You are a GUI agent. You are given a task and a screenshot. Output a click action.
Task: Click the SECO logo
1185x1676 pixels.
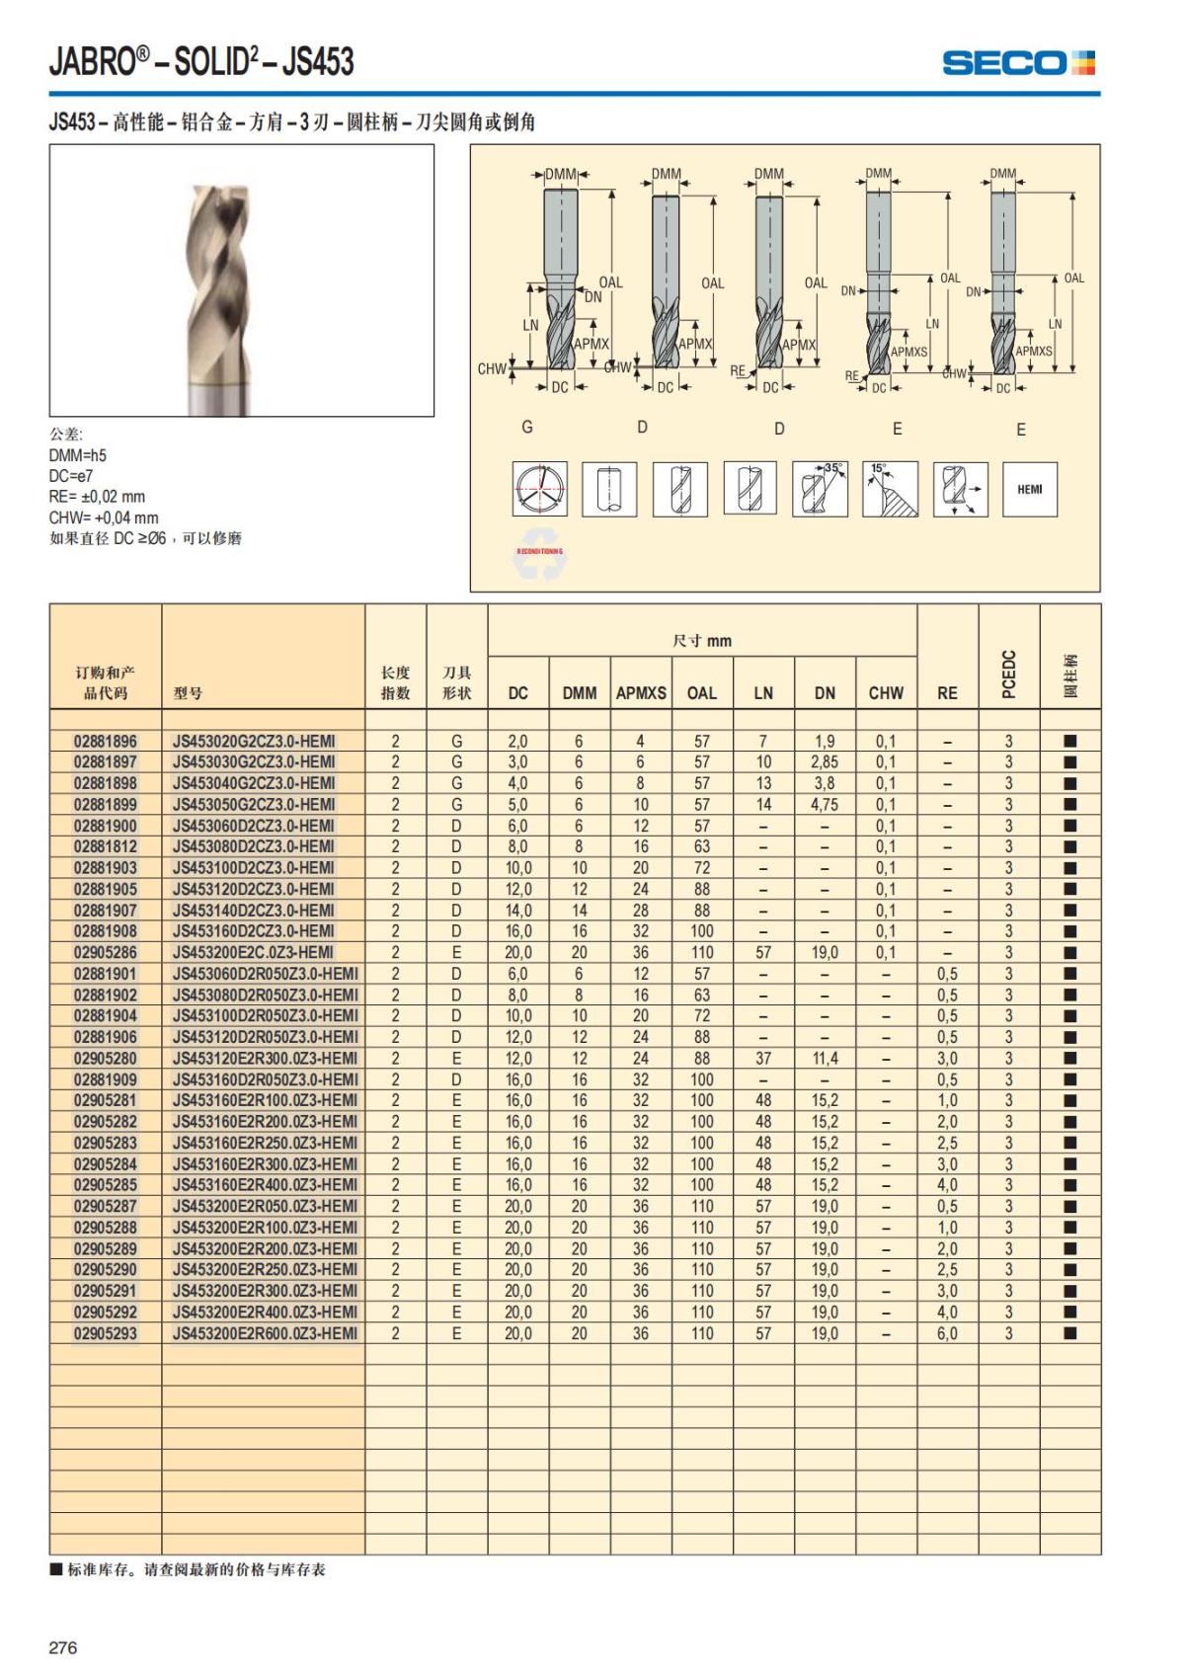tap(1018, 63)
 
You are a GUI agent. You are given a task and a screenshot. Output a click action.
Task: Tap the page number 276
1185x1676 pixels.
tap(63, 1647)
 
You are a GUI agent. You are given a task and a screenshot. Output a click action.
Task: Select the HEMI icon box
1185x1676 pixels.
tap(1029, 489)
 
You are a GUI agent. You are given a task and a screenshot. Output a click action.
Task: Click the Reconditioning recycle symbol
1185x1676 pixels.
tap(539, 556)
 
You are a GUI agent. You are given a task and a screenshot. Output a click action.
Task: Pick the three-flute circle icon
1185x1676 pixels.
tap(539, 489)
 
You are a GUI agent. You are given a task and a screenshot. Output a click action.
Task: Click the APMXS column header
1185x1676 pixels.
tap(641, 693)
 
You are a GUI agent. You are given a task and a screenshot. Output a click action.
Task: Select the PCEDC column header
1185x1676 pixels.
tap(1008, 674)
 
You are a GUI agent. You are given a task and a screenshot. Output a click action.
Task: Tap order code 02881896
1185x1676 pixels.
tap(106, 741)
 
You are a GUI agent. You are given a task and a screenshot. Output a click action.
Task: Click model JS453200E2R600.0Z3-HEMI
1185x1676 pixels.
tap(265, 1333)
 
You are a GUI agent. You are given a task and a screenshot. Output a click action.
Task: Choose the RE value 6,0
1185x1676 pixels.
tap(947, 1333)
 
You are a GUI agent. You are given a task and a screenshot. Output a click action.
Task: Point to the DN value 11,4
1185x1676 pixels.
tap(825, 1059)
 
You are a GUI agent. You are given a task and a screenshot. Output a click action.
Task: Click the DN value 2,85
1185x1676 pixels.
tap(825, 762)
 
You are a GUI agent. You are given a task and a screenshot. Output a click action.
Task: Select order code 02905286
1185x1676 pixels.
tap(106, 952)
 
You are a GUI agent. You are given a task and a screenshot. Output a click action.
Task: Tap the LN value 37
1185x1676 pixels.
tap(763, 1059)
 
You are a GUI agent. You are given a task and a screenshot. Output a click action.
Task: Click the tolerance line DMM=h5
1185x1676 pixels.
tap(78, 455)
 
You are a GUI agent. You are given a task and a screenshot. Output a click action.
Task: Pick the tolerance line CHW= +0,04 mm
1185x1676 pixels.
tap(104, 518)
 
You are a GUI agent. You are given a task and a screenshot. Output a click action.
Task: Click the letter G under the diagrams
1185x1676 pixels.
tap(527, 427)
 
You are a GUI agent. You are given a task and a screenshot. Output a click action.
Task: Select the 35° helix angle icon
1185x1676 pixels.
tap(820, 489)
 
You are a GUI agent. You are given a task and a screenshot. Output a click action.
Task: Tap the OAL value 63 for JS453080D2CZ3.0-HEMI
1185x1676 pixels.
tap(702, 846)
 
